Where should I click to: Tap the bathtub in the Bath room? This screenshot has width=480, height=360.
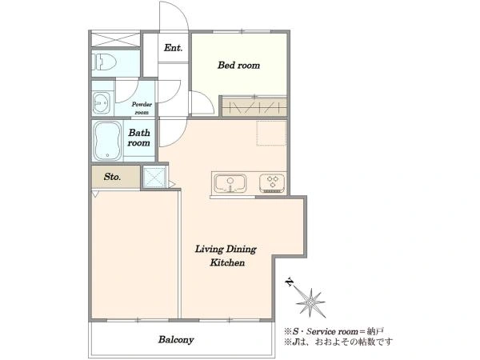(x=107, y=141)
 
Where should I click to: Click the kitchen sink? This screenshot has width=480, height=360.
(x=230, y=183)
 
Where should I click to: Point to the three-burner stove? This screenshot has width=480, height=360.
(x=272, y=183)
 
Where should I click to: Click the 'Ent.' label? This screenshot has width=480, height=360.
(x=173, y=48)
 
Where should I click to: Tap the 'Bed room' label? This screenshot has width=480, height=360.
(x=238, y=66)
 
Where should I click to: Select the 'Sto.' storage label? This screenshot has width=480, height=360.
(x=112, y=177)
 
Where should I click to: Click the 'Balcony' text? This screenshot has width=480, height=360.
(x=176, y=340)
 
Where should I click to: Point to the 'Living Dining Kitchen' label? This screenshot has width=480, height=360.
(x=226, y=256)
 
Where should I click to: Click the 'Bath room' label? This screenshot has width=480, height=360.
(x=139, y=138)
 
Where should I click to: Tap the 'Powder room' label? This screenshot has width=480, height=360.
(x=142, y=108)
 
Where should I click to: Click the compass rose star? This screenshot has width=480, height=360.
(x=310, y=303)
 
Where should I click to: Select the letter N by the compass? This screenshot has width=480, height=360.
(x=288, y=282)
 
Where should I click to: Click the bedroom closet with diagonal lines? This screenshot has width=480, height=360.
(x=254, y=106)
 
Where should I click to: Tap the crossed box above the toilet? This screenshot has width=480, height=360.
(x=116, y=39)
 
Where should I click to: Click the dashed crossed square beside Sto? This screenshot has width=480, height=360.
(x=155, y=177)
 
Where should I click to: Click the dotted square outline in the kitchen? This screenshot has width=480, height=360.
(x=271, y=133)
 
